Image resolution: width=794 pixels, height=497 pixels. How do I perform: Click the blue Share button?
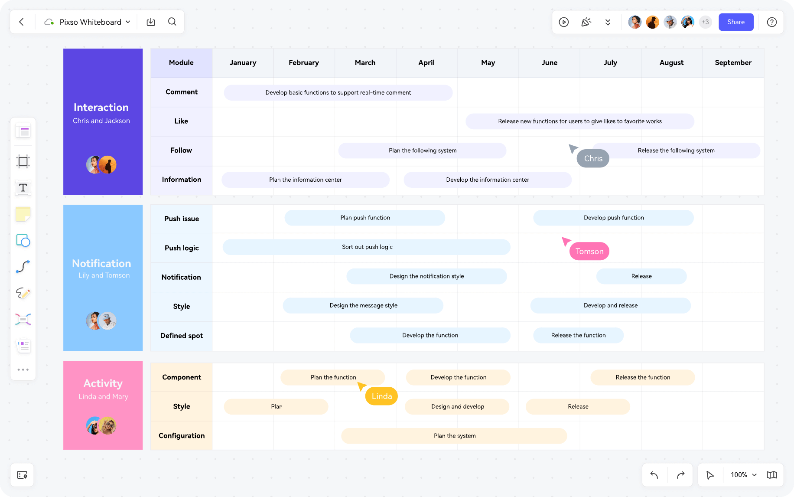tap(736, 22)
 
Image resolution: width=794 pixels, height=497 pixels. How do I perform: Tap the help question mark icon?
tap(772, 22)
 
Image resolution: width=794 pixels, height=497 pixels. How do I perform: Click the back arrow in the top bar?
tap(21, 22)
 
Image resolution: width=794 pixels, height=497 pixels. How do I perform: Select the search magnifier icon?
tap(172, 22)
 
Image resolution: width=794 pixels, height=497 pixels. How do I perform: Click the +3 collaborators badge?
tap(705, 22)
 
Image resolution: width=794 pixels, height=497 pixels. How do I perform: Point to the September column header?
tap(733, 63)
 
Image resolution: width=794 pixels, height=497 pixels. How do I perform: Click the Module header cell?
tap(181, 63)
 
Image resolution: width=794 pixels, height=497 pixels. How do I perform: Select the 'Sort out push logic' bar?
tap(367, 247)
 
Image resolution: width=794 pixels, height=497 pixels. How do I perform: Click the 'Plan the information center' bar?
tap(306, 180)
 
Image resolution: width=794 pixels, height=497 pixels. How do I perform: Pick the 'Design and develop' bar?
tap(458, 407)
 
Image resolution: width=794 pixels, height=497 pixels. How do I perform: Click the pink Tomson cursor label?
tap(589, 252)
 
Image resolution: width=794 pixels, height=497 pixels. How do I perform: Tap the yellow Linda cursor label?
tap(382, 396)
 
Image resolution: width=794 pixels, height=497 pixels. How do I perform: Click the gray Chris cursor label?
tap(593, 159)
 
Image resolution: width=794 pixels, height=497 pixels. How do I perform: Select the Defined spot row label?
tap(182, 336)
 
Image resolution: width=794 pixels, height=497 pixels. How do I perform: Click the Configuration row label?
tap(182, 436)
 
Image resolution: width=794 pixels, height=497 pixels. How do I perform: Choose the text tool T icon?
tap(23, 188)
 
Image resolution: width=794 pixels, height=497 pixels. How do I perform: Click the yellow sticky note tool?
tap(23, 214)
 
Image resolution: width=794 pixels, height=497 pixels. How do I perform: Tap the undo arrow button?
tap(654, 475)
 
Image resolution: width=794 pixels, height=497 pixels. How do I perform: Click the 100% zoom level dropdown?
tap(743, 475)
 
